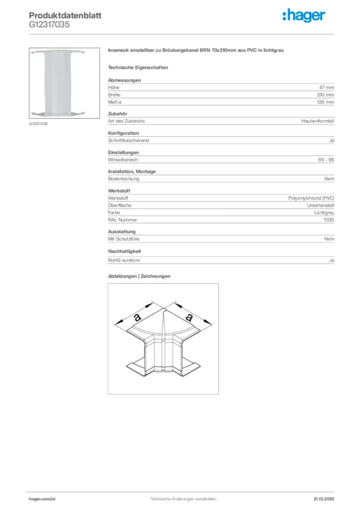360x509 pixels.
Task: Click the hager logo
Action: coord(304,16)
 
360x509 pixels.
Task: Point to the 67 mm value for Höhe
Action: coord(327,87)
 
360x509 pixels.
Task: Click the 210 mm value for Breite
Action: coord(326,94)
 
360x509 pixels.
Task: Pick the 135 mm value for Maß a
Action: coord(326,102)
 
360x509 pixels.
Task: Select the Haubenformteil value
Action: coord(318,121)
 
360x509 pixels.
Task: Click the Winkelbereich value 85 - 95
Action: coord(326,160)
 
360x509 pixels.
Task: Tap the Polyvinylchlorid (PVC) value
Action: coord(311,198)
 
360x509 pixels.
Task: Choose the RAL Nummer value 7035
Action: coord(329,220)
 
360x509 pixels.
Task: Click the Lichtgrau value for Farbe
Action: coord(324,213)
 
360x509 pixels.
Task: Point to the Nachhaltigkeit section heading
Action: coord(124,252)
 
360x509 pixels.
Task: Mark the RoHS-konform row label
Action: coord(124,260)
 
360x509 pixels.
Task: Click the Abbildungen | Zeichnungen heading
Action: coord(139,276)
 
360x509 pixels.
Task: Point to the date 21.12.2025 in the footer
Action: coord(323,498)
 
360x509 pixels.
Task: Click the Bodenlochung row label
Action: coord(123,179)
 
